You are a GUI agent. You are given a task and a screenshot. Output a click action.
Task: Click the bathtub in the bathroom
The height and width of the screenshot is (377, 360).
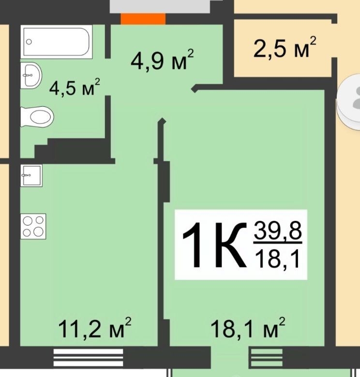click(57, 42)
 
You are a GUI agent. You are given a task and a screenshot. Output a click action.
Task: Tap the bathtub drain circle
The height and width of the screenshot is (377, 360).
click(29, 42)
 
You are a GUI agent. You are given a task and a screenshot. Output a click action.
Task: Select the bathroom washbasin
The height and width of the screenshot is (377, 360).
click(31, 75)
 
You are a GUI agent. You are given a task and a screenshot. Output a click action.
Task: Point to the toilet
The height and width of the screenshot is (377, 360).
click(37, 117)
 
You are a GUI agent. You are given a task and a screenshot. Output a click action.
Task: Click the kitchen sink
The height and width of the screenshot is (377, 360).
click(31, 175)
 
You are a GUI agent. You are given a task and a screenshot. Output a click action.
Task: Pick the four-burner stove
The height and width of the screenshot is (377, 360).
click(33, 226)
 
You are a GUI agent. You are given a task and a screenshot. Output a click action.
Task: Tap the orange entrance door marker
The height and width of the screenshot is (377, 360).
click(143, 19)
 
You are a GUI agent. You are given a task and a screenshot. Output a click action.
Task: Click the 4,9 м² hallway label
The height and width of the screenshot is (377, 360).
click(162, 59)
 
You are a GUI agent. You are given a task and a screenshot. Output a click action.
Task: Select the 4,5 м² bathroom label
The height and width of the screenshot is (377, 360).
click(75, 87)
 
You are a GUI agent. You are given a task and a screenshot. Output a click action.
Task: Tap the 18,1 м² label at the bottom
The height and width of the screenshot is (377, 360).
click(248, 328)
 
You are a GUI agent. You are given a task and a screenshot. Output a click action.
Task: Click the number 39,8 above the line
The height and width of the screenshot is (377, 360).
click(278, 231)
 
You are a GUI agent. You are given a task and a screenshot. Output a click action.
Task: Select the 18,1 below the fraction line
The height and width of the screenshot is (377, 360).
click(277, 258)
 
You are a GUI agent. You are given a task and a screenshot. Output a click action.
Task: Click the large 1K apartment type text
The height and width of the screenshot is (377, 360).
click(215, 245)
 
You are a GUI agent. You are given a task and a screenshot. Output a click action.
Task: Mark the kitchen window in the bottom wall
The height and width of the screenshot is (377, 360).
click(88, 358)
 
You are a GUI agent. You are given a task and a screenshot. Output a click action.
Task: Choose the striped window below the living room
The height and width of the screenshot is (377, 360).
click(267, 358)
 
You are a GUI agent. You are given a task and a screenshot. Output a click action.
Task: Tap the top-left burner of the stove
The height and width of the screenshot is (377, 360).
click(28, 220)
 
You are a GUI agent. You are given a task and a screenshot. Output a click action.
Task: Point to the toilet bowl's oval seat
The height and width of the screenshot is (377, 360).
click(42, 117)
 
